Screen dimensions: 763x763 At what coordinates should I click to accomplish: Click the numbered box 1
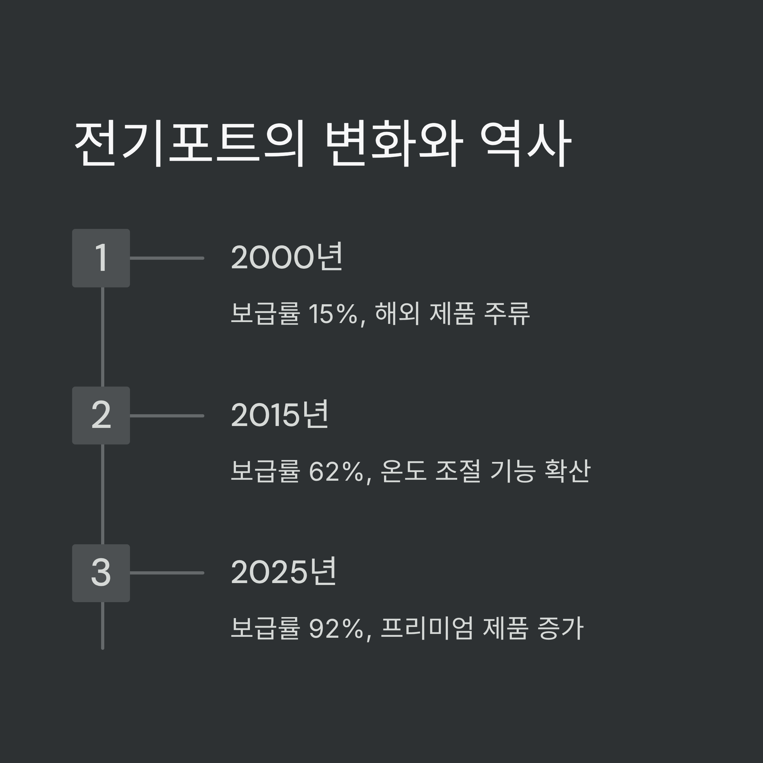[x=101, y=258]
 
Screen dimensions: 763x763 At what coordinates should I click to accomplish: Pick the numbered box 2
[x=101, y=416]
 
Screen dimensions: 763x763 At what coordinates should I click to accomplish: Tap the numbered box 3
[x=101, y=573]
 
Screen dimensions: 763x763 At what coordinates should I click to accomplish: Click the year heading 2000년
[x=287, y=258]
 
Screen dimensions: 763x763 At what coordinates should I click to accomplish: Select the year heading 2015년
[x=280, y=415]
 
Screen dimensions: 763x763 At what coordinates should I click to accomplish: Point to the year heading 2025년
[x=284, y=573]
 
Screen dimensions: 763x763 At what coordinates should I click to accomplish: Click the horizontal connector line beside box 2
[x=167, y=416]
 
